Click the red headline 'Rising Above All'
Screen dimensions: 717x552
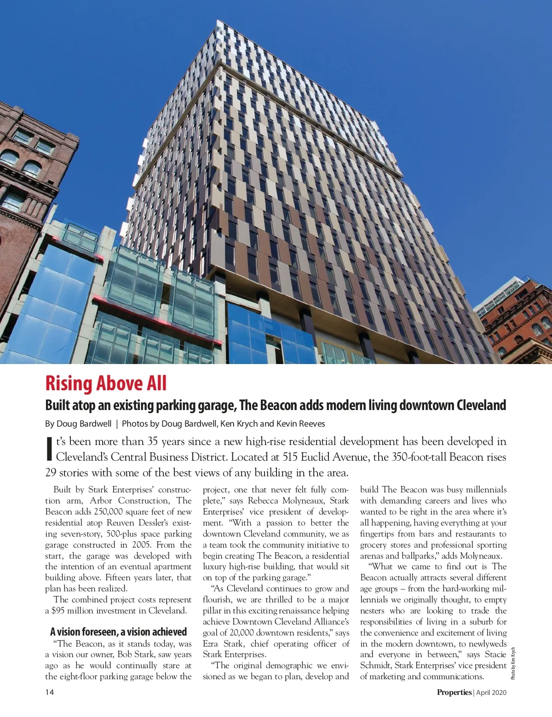[x=106, y=383]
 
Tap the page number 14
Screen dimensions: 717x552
[x=49, y=692]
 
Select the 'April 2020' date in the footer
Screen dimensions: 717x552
[x=491, y=692]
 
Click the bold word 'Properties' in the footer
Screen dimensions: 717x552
[x=454, y=692]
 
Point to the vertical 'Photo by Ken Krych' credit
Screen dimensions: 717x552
[x=513, y=663]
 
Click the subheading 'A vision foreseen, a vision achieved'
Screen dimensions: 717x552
[x=118, y=631]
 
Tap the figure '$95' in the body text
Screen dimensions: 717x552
[x=58, y=611]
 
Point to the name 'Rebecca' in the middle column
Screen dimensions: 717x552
[x=264, y=500]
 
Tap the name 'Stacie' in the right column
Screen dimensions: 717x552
[x=495, y=654]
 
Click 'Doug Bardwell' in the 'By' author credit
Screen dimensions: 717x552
[x=84, y=423]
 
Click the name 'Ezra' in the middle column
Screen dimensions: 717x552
[x=211, y=644]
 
